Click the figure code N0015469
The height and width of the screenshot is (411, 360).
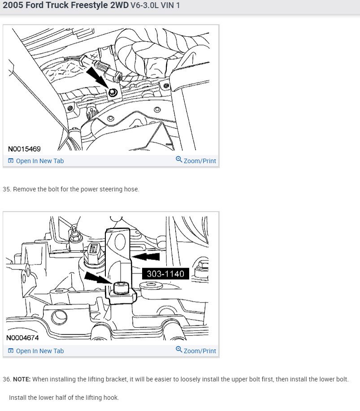24,149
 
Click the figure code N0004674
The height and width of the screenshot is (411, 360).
22,337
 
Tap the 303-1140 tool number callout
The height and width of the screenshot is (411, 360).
165,274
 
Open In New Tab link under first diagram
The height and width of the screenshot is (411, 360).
36,161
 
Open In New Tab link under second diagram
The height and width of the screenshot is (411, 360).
36,351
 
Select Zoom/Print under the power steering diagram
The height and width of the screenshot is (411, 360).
196,160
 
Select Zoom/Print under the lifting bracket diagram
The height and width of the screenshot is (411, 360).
196,350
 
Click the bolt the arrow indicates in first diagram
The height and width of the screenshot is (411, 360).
113,92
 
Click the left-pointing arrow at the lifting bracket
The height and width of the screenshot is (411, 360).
146,256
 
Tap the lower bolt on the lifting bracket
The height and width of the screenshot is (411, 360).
121,288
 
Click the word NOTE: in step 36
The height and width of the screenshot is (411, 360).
22,379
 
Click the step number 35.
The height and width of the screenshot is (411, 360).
7,189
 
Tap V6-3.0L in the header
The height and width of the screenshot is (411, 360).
144,5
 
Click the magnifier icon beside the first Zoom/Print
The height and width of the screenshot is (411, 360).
179,160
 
